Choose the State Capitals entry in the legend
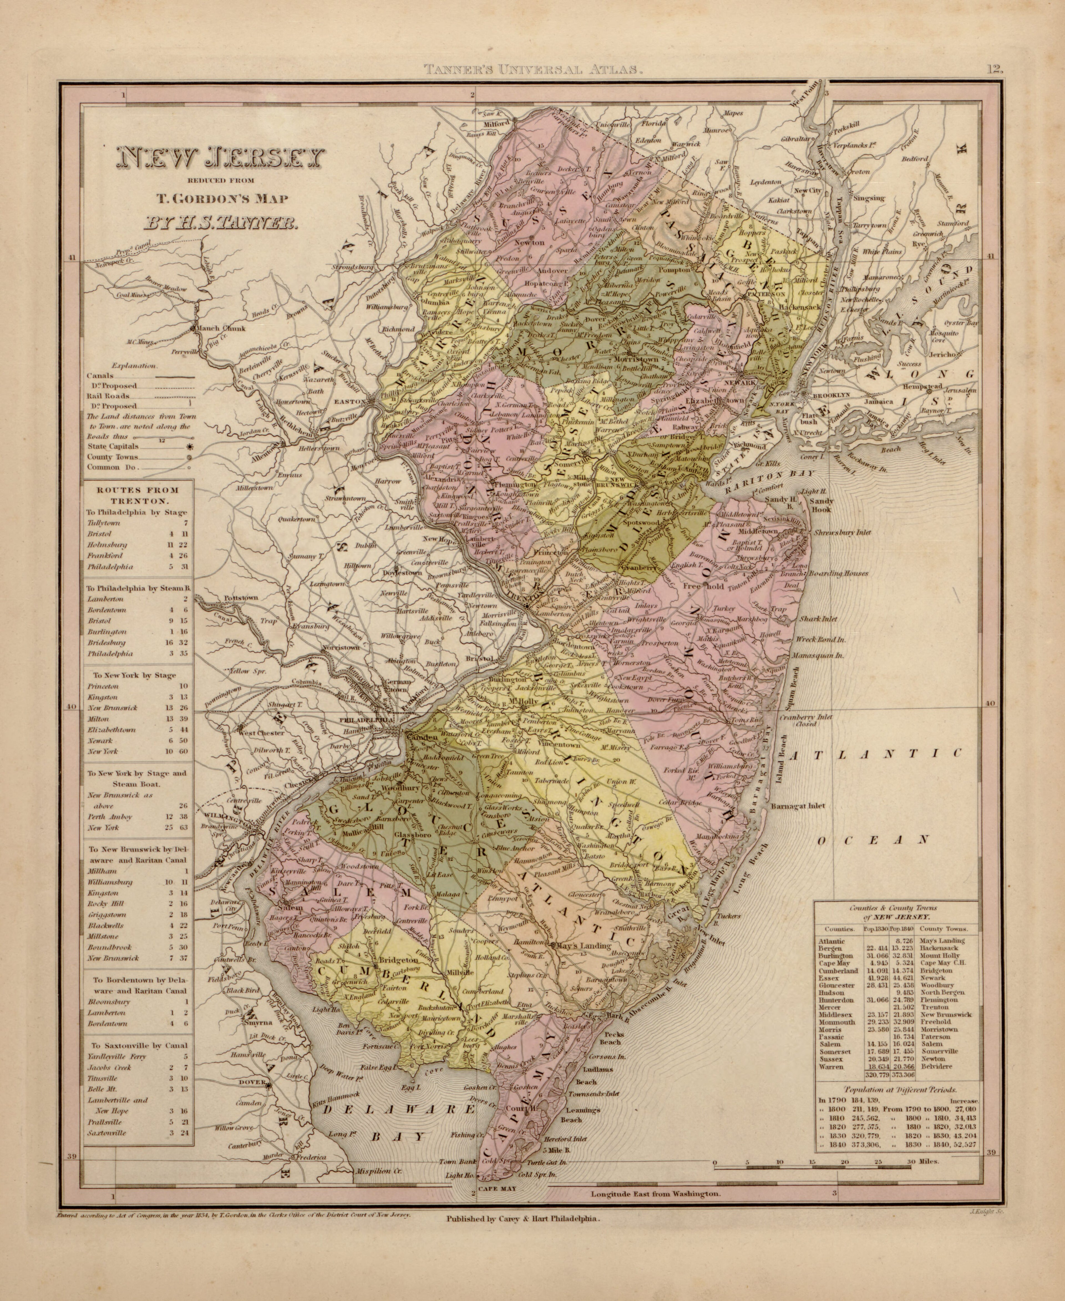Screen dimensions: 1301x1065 tap(113, 447)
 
